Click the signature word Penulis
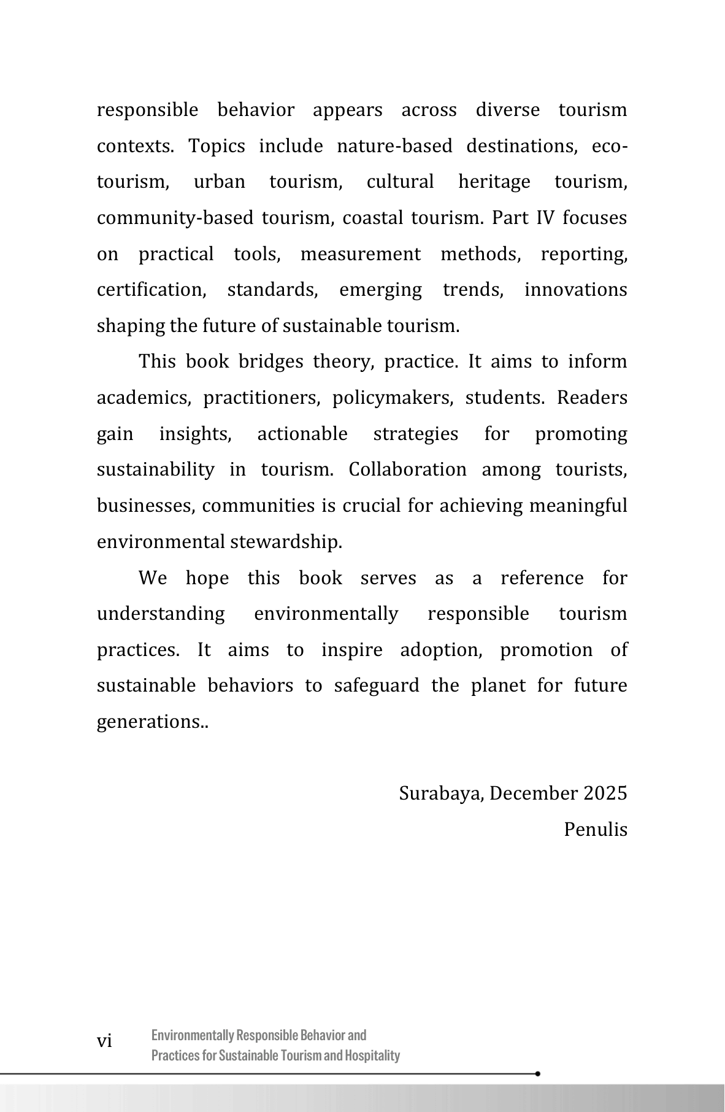(596, 830)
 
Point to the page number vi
(105, 1041)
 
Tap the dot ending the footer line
(538, 1074)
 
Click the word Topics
(217, 146)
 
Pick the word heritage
(494, 182)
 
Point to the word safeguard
(377, 685)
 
